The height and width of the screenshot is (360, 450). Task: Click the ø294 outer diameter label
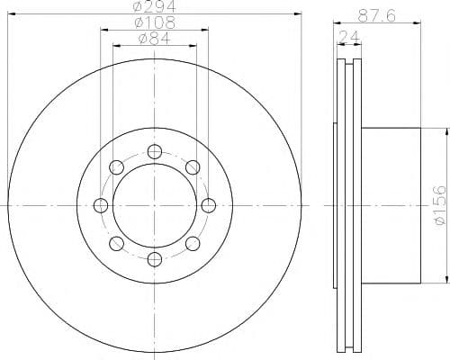pos(154,6)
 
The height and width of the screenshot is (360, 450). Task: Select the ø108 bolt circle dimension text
pos(155,22)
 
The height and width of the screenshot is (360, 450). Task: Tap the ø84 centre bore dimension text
pos(155,38)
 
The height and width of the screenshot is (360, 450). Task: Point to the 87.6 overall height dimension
pos(377,14)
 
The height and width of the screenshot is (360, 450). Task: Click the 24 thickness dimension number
pos(349,37)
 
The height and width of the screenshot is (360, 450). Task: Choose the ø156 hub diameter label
pos(440,205)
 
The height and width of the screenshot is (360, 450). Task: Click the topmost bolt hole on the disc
pos(155,151)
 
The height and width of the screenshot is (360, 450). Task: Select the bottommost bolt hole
pos(155,259)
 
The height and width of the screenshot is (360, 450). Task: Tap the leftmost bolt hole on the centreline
pos(101,205)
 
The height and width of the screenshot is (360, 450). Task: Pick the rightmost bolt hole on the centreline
pos(209,205)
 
